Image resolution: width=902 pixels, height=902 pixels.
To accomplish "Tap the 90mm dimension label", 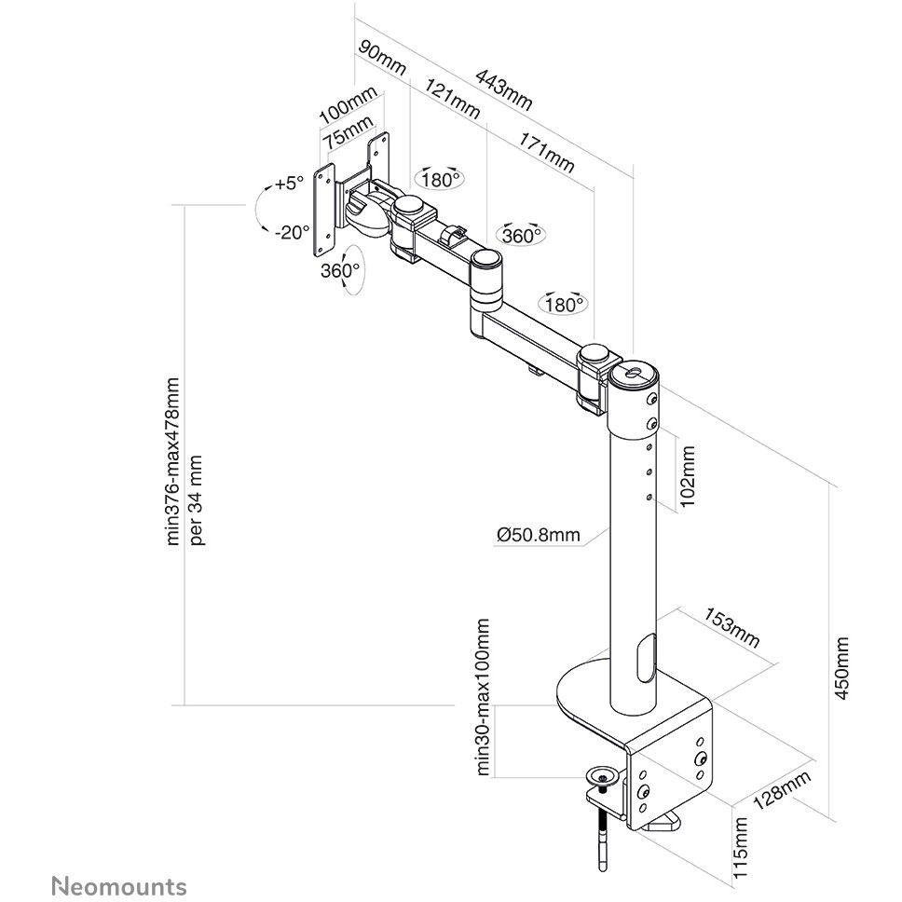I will pyautogui.click(x=382, y=59).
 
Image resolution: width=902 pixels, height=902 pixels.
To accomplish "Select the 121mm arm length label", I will pyautogui.click(x=453, y=100).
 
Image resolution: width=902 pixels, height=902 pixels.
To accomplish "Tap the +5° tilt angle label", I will pyautogui.click(x=289, y=184).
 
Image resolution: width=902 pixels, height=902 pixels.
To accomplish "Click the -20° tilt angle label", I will pyautogui.click(x=293, y=232).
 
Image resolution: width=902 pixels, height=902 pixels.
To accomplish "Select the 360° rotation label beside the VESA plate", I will pyautogui.click(x=339, y=271).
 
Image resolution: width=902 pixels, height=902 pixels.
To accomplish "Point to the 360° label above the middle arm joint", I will pyautogui.click(x=522, y=236).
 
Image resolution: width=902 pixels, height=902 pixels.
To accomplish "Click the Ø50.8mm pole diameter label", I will pyautogui.click(x=539, y=534).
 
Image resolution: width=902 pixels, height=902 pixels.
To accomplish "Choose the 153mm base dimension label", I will pyautogui.click(x=731, y=629).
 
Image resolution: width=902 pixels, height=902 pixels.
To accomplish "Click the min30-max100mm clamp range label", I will pyautogui.click(x=483, y=695).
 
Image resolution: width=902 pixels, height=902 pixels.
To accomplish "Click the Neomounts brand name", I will pyautogui.click(x=118, y=885).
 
